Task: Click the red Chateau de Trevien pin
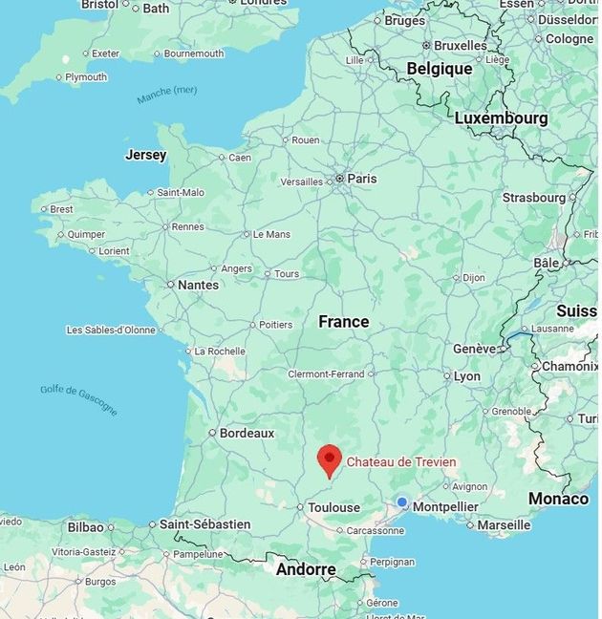330,459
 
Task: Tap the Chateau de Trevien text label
401,462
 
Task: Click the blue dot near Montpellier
402,502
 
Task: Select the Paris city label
362,179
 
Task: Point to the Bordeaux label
247,433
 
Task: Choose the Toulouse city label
333,507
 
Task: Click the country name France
344,322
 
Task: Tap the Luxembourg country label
501,118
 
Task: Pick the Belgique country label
440,69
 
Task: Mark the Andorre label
306,570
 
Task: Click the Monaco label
559,499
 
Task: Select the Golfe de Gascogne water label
79,399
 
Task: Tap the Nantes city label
198,285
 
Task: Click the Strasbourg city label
534,198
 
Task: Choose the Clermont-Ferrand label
326,374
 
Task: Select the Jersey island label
145,155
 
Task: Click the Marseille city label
504,524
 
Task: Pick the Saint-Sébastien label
204,524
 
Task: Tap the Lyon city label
467,376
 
